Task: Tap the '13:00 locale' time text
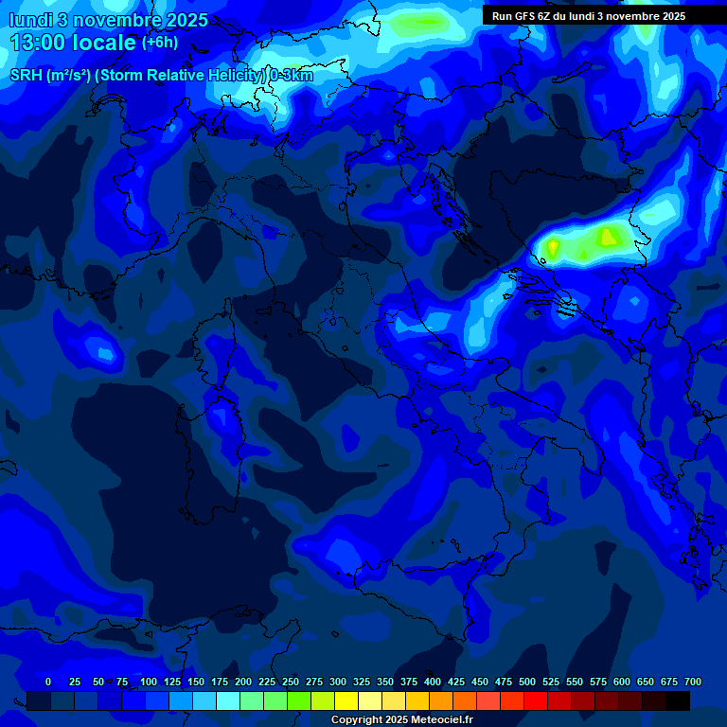(72, 43)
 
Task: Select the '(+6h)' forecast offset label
(159, 43)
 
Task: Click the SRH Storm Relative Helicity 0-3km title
(162, 76)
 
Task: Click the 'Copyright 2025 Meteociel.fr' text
(401, 720)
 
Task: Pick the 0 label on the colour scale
(48, 682)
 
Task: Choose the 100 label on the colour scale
(149, 682)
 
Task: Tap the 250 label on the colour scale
(291, 682)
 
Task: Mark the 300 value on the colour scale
(338, 682)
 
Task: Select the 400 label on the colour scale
(433, 682)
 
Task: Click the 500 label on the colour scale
(527, 682)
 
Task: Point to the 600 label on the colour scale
(622, 682)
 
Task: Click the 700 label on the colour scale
(693, 682)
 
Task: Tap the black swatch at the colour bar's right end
(678, 700)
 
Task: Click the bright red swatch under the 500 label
(536, 700)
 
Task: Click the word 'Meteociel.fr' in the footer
(441, 720)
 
